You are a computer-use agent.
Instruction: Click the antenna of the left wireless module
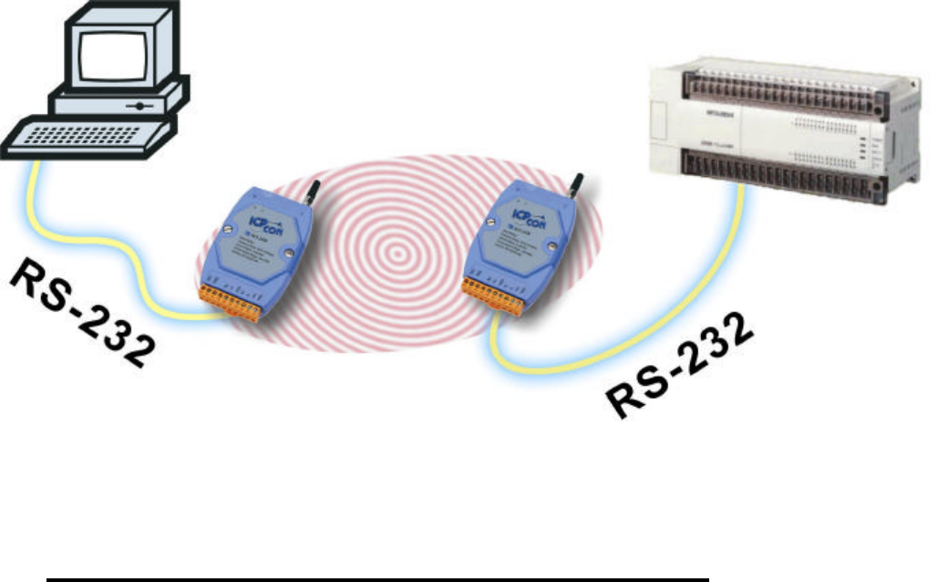coord(310,196)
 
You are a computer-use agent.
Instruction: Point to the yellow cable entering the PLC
coord(729,228)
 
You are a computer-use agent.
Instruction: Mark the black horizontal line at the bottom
coord(377,578)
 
